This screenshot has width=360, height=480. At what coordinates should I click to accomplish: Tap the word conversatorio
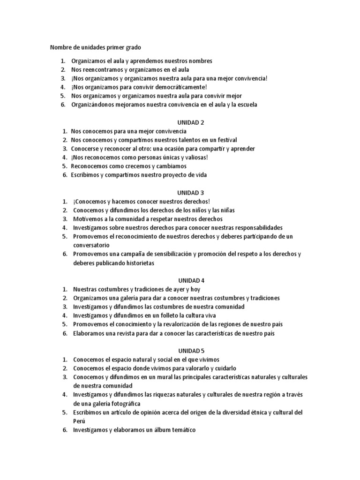91,245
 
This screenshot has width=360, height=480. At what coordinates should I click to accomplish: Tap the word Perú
79,421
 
